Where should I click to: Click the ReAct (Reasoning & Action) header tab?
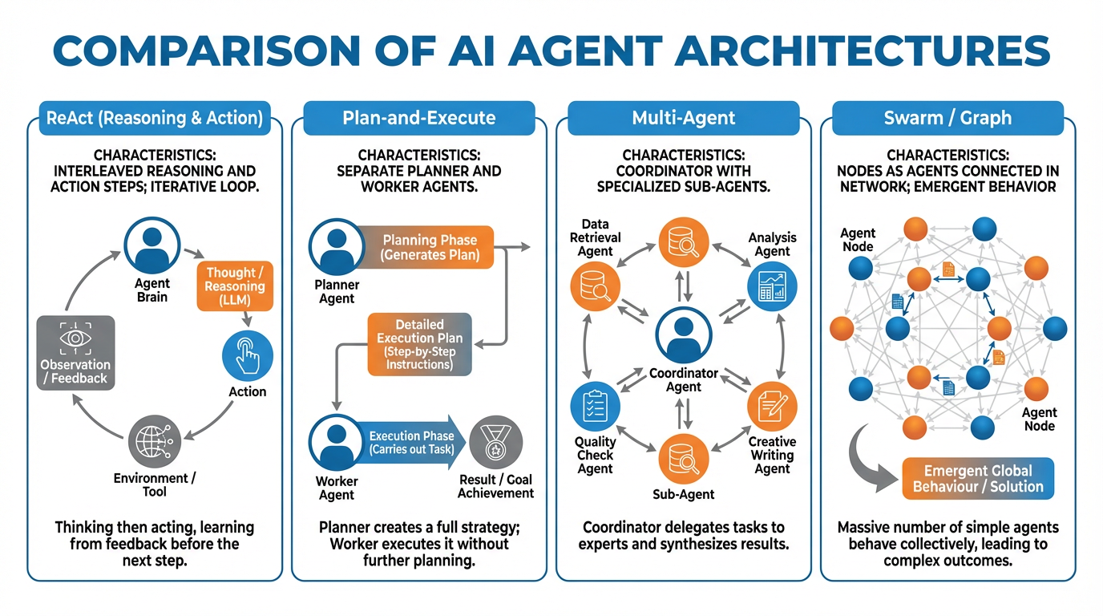pos(155,118)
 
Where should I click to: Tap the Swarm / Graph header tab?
pos(947,118)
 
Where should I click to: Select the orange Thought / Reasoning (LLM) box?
pos(235,286)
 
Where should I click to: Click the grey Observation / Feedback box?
pos(75,353)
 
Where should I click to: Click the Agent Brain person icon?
pos(152,246)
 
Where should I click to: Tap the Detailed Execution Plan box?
pos(419,345)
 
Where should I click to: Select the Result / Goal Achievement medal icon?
pos(495,443)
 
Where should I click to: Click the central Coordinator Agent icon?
pos(683,337)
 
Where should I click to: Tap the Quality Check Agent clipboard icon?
pos(595,407)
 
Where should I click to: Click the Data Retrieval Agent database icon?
pos(595,289)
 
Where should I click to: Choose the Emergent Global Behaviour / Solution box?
pos(978,478)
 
